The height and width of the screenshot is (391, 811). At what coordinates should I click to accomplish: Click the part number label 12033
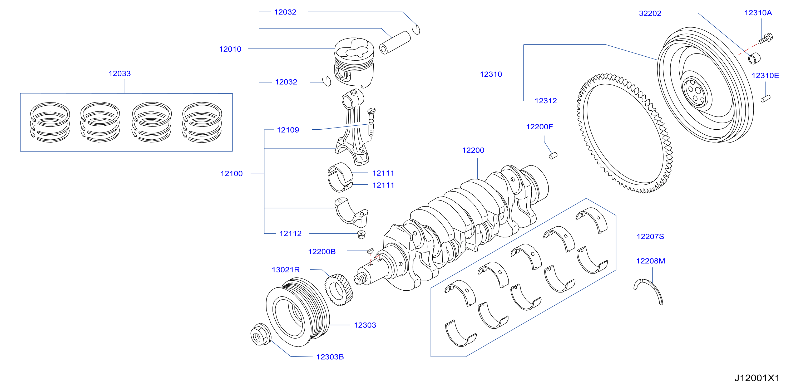120,74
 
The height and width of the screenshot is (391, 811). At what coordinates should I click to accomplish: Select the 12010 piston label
230,49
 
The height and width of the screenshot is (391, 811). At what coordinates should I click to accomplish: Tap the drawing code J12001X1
757,378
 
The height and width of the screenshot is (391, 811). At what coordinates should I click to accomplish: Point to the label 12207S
650,236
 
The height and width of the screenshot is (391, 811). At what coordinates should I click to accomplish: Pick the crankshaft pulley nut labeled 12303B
260,334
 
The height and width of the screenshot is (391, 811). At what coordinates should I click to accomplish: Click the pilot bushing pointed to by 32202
754,58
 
